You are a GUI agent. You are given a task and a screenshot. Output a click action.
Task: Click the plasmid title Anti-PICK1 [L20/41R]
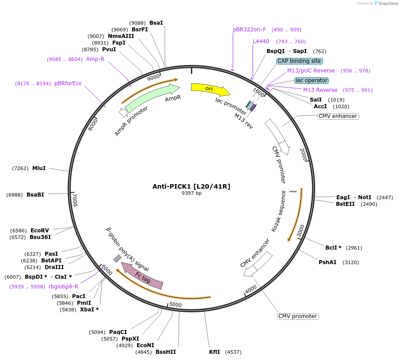(191, 186)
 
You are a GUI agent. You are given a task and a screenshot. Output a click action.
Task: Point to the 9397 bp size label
(191, 193)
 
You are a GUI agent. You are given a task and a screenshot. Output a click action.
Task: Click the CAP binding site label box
(300, 61)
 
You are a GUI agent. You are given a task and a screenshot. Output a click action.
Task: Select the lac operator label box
(312, 80)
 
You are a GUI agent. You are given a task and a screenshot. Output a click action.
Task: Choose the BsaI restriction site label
(156, 23)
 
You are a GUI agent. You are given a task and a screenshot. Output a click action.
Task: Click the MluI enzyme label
(39, 168)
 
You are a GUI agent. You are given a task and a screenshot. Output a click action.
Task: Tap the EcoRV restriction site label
(40, 230)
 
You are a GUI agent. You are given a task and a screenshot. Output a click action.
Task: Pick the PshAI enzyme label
(328, 262)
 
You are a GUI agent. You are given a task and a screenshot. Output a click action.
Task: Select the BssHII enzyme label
(166, 352)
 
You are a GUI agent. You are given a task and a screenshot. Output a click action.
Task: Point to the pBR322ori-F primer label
(250, 30)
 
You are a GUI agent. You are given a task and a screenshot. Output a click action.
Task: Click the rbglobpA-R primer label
(64, 287)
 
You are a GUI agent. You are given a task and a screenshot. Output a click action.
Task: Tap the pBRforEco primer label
(68, 83)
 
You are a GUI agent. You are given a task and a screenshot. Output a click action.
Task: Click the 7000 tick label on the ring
(75, 200)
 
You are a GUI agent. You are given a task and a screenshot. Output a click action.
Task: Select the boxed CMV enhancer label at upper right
(338, 116)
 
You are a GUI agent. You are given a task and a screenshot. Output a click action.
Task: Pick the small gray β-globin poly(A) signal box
(118, 258)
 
